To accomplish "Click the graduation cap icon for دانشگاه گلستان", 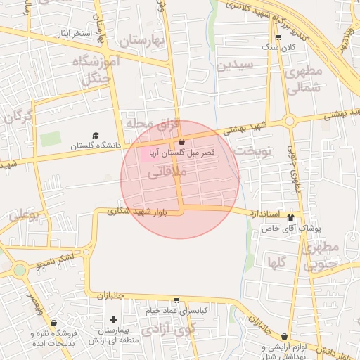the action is click(96, 135).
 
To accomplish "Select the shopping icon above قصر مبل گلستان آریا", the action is click(182, 142).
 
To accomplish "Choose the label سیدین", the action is click(235, 67).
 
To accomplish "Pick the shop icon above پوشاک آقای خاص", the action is click(302, 217).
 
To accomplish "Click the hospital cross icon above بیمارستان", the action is click(113, 320).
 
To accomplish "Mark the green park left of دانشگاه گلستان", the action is click(50, 139).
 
